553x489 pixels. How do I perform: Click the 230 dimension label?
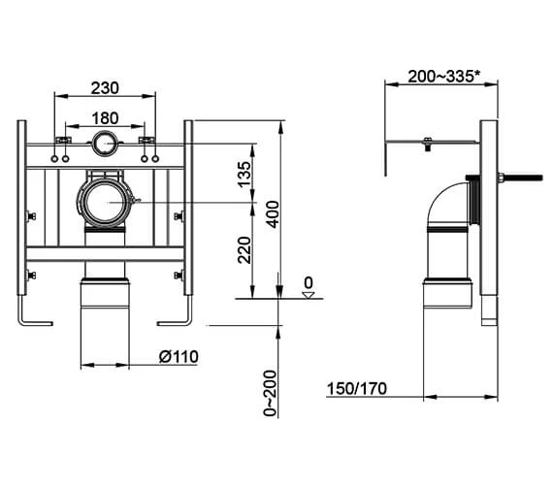point(105,87)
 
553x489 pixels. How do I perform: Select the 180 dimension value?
point(105,119)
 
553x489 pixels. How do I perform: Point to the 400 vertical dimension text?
point(274,212)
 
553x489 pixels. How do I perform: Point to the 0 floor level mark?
point(308,284)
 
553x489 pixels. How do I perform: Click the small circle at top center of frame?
point(105,147)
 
